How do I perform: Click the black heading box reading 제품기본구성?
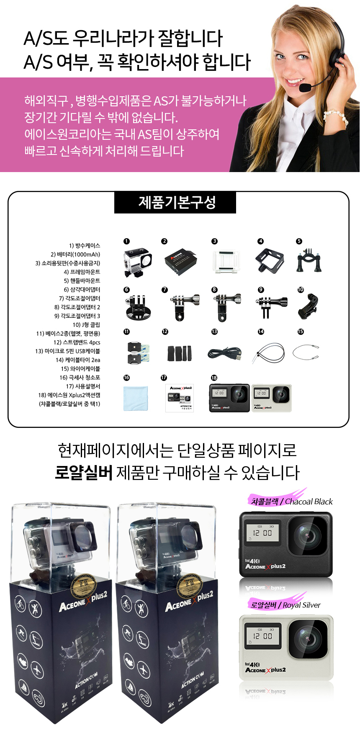[175, 203]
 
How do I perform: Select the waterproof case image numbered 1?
[137, 262]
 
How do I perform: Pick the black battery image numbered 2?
[180, 262]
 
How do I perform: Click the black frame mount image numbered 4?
[270, 260]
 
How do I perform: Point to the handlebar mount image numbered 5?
[309, 261]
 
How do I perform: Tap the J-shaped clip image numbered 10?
[308, 306]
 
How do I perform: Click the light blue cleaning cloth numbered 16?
[135, 398]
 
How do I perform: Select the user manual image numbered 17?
[180, 398]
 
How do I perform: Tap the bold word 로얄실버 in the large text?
[84, 473]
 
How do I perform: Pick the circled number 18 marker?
[214, 378]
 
